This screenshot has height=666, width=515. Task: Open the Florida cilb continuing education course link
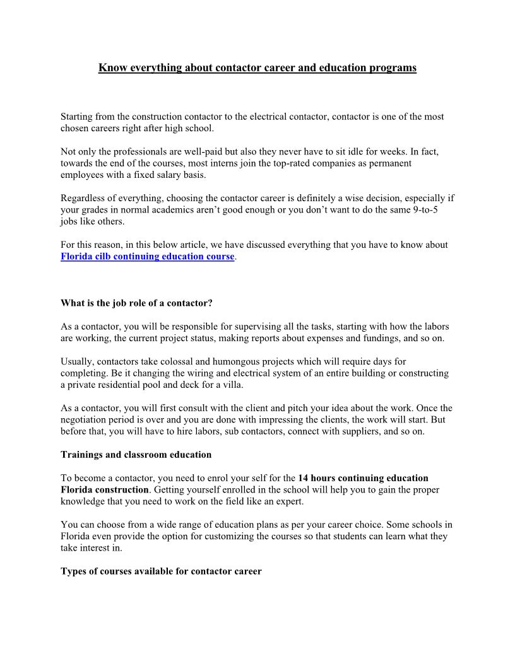(x=148, y=257)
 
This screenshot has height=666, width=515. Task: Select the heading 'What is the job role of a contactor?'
(x=136, y=303)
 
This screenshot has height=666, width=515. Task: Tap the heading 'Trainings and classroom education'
(x=136, y=454)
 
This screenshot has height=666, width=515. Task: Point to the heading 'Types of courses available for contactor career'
(x=161, y=571)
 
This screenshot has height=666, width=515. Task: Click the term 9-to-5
(x=425, y=209)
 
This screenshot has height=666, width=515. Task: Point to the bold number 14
(x=304, y=477)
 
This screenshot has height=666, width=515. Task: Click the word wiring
(x=160, y=373)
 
